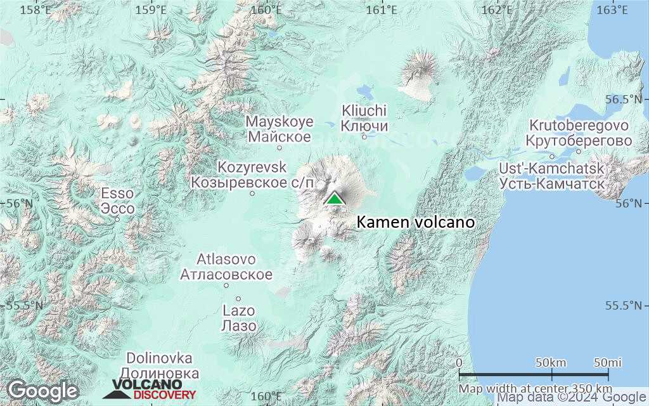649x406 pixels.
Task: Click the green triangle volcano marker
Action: coord(334,198)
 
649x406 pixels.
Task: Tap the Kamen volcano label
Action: coord(415,223)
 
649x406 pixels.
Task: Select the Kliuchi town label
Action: coord(364,118)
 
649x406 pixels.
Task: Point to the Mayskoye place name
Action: coord(280,129)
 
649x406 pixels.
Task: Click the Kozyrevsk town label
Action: coord(252,175)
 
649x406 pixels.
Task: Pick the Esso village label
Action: coord(118,201)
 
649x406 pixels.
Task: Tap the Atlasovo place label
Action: coord(226,267)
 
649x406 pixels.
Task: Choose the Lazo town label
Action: coord(239,318)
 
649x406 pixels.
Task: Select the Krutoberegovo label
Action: coord(579,133)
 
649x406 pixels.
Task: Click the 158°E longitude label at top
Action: coord(35,10)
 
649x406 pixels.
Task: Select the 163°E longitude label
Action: coord(613,10)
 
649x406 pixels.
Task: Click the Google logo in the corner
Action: coord(42,390)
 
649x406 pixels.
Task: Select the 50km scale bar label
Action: coord(551,362)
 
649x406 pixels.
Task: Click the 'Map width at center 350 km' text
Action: coord(536,388)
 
